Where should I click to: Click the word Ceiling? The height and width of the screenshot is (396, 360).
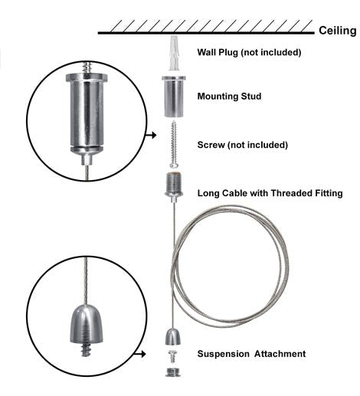pyautogui.click(x=337, y=31)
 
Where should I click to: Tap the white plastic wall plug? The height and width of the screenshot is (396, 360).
pyautogui.click(x=174, y=53)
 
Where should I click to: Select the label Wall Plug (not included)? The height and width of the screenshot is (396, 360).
pyautogui.click(x=249, y=52)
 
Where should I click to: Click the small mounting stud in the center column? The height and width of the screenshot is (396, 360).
pyautogui.click(x=174, y=97)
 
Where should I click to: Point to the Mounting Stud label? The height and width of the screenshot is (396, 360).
pyautogui.click(x=229, y=97)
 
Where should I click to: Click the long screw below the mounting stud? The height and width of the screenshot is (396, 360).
pyautogui.click(x=174, y=144)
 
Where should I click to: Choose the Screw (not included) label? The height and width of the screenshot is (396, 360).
pyautogui.click(x=243, y=145)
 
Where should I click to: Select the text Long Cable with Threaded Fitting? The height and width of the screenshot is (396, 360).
pyautogui.click(x=270, y=193)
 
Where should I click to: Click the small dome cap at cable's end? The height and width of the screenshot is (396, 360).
pyautogui.click(x=173, y=337)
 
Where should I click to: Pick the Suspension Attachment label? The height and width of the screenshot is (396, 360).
pyautogui.click(x=251, y=354)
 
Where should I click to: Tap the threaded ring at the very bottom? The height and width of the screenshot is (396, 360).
pyautogui.click(x=173, y=372)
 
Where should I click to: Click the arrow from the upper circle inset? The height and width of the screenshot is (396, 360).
pyautogui.click(x=151, y=135)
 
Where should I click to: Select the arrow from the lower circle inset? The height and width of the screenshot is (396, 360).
pyautogui.click(x=140, y=354)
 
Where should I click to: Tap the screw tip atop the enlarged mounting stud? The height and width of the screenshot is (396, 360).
pyautogui.click(x=87, y=67)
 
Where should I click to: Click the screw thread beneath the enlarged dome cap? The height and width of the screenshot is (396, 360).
pyautogui.click(x=86, y=350)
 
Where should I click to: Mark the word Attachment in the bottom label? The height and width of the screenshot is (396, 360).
pyautogui.click(x=280, y=354)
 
